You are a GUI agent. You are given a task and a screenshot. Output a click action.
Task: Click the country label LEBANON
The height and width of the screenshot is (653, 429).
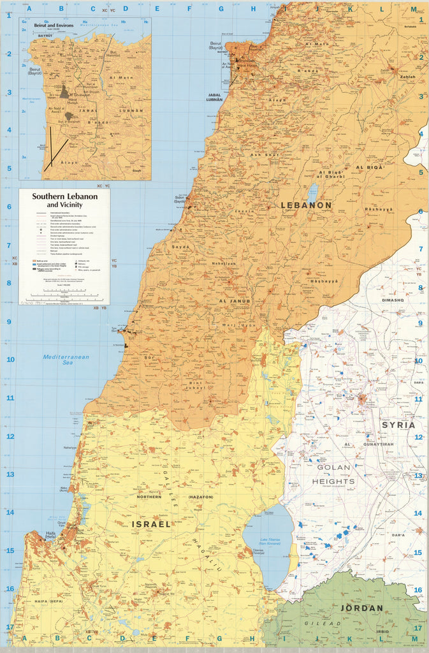307,205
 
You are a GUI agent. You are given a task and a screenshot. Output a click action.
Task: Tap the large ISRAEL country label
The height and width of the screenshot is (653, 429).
151,524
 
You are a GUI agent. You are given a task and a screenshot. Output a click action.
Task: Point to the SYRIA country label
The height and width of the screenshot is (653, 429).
398,425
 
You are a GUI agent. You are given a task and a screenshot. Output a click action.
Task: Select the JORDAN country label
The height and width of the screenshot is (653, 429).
361,608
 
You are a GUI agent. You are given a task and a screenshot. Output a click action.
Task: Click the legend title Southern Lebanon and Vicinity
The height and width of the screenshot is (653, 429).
65,200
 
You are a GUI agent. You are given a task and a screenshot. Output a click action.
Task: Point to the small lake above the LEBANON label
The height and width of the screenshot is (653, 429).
312,192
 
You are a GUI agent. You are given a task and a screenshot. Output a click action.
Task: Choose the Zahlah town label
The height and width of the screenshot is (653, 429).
407,77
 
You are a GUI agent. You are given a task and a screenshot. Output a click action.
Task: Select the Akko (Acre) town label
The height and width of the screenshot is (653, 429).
65,488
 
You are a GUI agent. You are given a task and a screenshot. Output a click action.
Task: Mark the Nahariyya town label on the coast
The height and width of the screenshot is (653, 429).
69,448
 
